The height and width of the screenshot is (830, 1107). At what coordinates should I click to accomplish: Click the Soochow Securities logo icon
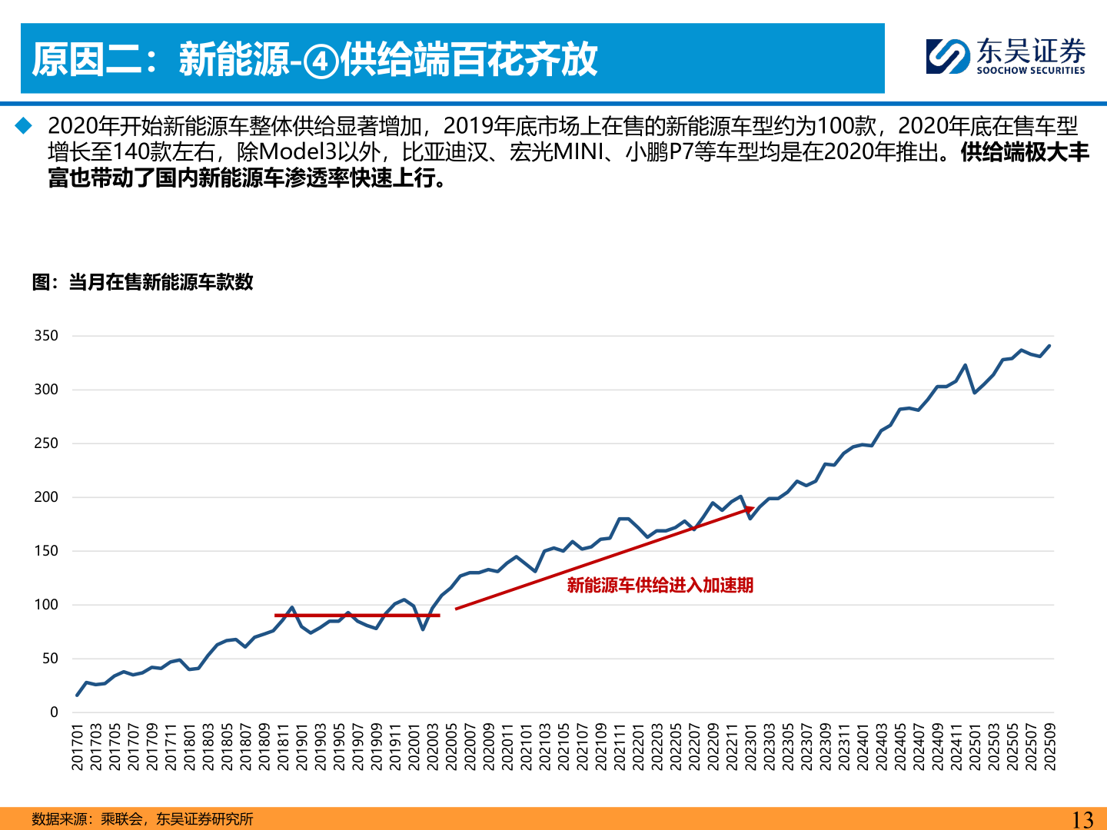pyautogui.click(x=948, y=56)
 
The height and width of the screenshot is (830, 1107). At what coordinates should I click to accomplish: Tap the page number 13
pyautogui.click(x=1082, y=819)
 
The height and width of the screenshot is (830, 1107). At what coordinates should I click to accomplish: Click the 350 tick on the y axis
pyautogui.click(x=46, y=336)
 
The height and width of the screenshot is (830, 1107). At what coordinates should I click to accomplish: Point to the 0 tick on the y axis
pyautogui.click(x=54, y=712)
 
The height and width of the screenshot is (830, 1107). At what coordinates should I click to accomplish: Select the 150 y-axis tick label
pyautogui.click(x=46, y=551)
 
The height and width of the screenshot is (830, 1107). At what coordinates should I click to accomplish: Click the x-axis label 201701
pyautogui.click(x=77, y=745)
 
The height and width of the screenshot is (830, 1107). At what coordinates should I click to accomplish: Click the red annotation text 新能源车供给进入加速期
pyautogui.click(x=660, y=586)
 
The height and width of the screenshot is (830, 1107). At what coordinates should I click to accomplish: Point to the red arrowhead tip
pyautogui.click(x=753, y=508)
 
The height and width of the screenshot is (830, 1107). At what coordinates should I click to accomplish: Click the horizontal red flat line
pyautogui.click(x=357, y=616)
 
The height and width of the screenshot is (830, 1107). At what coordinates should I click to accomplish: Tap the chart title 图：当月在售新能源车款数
pyautogui.click(x=143, y=282)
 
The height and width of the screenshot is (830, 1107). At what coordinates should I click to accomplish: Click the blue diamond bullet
pyautogui.click(x=24, y=125)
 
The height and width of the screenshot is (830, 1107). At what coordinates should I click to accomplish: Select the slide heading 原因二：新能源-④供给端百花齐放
pyautogui.click(x=314, y=59)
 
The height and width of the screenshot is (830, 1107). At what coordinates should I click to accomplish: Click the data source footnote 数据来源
pyautogui.click(x=142, y=819)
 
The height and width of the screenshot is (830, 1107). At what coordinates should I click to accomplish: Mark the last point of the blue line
pyautogui.click(x=1050, y=346)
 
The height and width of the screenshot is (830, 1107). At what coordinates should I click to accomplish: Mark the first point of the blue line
pyautogui.click(x=77, y=696)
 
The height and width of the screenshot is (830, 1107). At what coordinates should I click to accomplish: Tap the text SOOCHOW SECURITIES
pyautogui.click(x=1030, y=71)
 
